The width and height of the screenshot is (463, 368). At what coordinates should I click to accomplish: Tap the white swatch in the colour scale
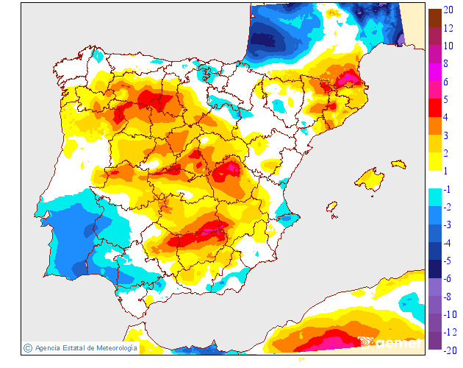coord(435,180)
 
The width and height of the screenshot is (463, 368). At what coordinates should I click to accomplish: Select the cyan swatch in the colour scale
coord(435,197)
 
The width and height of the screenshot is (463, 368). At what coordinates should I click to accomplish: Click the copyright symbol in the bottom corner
coord(27,347)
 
